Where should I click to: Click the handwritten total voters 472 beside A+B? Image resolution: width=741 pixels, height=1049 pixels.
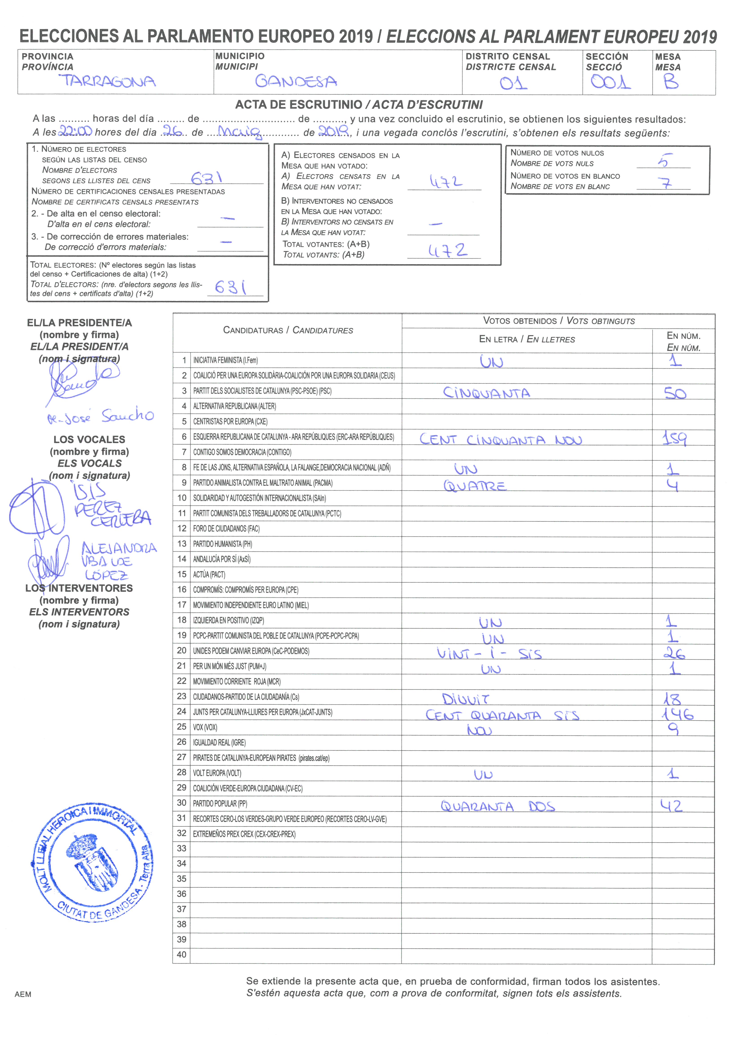coord(447,250)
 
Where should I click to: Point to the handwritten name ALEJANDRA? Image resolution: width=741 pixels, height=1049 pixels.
coord(119,548)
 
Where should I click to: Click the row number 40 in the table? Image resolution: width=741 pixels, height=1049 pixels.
coord(182,954)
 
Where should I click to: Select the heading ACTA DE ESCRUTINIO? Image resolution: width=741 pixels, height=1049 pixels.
coord(299,105)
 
